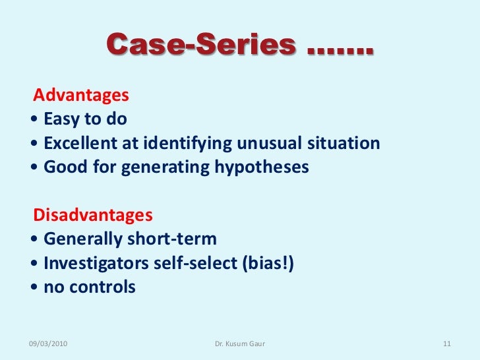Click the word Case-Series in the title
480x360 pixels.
click(201, 45)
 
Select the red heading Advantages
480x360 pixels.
click(81, 96)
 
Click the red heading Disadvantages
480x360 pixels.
click(93, 216)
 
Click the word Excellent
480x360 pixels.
click(80, 143)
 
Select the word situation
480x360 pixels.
click(343, 143)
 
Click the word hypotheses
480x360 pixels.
click(262, 167)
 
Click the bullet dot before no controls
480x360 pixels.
click(34, 287)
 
